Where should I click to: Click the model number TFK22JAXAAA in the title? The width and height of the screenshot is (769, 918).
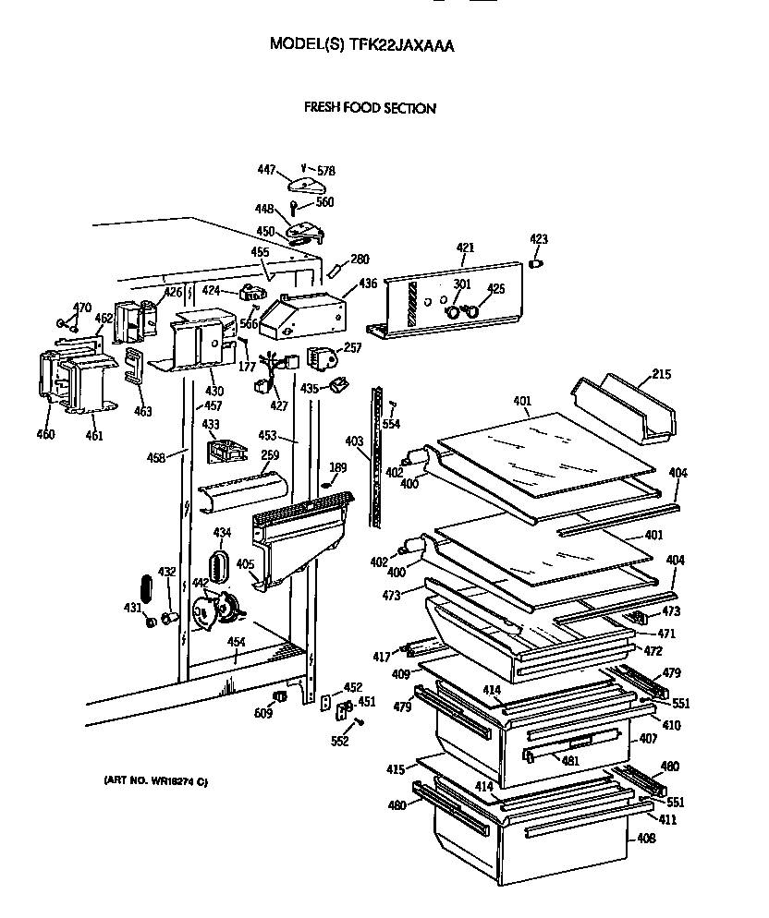coord(401,43)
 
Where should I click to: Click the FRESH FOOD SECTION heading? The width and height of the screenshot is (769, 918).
coord(370,108)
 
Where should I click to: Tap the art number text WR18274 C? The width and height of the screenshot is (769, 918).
coord(155,782)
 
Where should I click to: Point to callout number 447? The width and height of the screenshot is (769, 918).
coord(266,169)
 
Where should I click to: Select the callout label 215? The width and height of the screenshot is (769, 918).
coord(662,374)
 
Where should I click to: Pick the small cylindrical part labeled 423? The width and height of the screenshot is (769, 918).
coord(537,264)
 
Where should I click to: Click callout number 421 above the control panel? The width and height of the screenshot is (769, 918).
coord(465,248)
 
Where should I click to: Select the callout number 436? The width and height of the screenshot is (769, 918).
coord(368,284)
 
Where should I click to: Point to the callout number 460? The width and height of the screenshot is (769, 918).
coord(45,434)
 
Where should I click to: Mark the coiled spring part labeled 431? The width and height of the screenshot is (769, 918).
coord(145,588)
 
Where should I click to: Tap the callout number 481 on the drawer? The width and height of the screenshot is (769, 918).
coord(570,760)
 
